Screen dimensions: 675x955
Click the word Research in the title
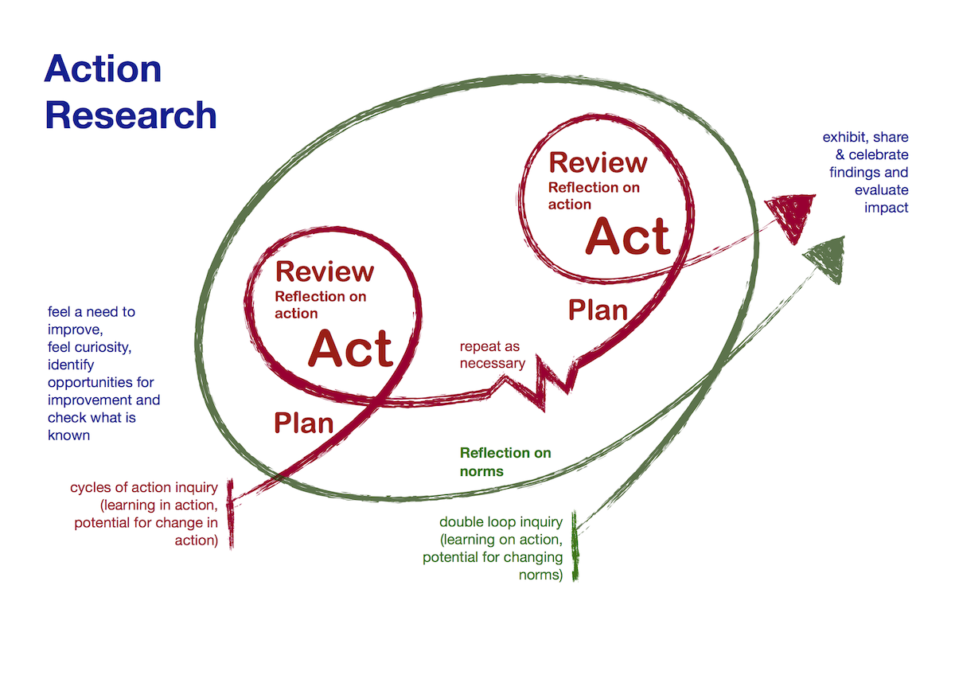131,115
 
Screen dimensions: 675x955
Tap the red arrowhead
793,214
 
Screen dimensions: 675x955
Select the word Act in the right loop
628,236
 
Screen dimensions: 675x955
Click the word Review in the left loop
324,271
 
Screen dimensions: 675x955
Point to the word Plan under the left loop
304,423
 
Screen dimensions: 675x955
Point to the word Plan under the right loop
598,310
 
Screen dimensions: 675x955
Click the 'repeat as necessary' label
492,355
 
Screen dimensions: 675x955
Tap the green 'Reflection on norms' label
505,462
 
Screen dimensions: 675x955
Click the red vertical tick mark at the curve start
231,513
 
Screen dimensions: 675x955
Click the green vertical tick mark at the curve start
575,546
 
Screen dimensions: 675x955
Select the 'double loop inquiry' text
501,522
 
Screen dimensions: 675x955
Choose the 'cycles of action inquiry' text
143,487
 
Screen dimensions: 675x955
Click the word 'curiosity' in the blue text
97,347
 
